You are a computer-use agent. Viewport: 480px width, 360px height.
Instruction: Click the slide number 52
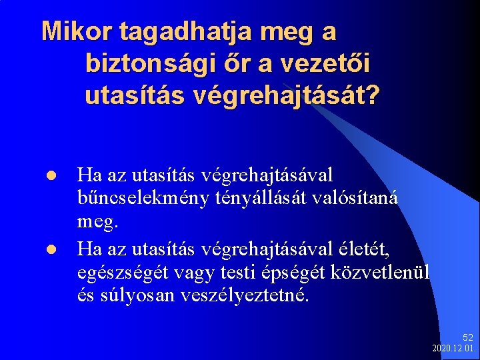pyautogui.click(x=467, y=338)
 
